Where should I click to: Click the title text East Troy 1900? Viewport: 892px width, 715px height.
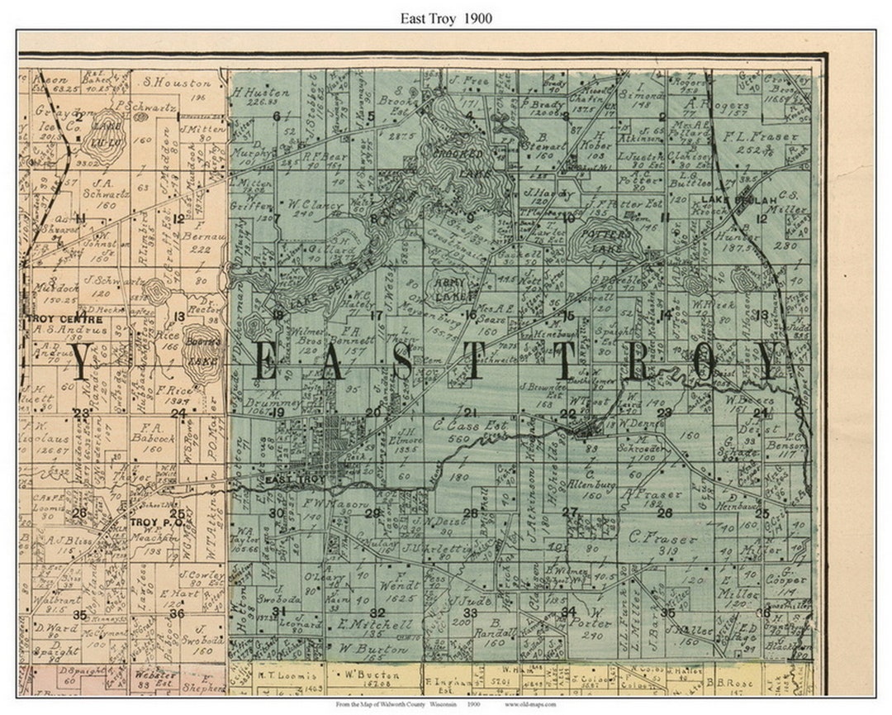point(446,18)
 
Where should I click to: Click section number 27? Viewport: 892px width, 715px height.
point(569,512)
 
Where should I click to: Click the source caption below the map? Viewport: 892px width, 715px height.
point(446,704)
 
